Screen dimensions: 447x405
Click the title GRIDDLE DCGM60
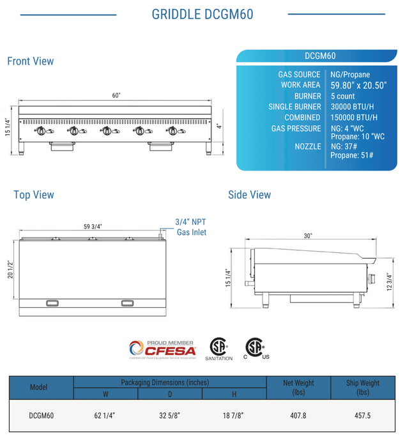[202, 14]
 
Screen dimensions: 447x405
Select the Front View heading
[30, 61]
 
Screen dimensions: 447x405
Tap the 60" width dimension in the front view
[116, 95]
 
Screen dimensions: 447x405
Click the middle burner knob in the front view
[105, 131]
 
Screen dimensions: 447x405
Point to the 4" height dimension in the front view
[218, 125]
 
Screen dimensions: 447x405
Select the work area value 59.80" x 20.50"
[358, 85]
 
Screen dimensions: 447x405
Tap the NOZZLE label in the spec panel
[308, 147]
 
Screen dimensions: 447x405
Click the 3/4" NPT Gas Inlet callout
[190, 227]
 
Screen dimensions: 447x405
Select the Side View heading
[249, 195]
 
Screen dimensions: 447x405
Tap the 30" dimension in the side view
[308, 236]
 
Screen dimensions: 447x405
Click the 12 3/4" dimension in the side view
[389, 281]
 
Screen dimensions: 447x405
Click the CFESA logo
[162, 349]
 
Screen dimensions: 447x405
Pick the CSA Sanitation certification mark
[219, 349]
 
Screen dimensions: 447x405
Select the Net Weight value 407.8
[298, 415]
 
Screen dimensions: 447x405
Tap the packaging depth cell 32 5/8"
[170, 415]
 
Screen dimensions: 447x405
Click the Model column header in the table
[40, 388]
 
